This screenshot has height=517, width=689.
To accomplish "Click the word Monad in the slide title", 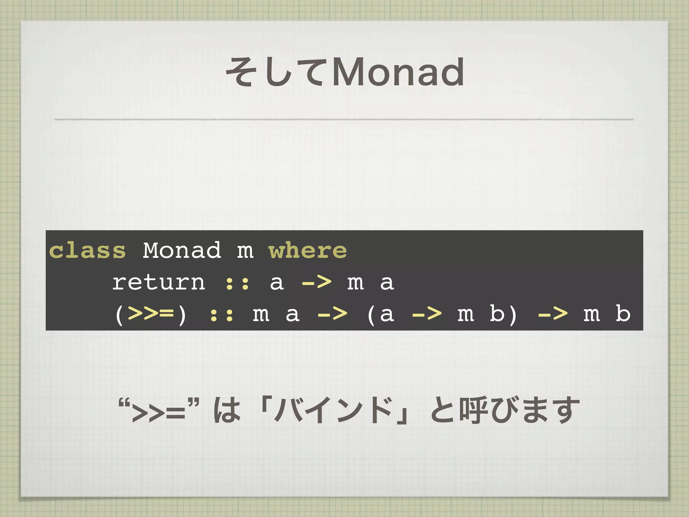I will (399, 72).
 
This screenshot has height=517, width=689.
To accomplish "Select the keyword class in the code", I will (87, 250).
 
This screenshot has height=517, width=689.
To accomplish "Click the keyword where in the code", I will (308, 250).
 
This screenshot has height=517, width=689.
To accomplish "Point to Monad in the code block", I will (182, 250).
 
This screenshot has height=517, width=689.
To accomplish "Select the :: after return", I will (238, 283).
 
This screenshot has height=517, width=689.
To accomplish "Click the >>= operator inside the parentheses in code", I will (151, 314).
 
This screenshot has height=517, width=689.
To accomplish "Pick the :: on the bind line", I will (222, 314).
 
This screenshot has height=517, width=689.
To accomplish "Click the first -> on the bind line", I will (332, 314).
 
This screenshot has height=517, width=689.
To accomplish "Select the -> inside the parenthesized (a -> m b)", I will (427, 314).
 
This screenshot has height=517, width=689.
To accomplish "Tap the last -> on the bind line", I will (553, 314).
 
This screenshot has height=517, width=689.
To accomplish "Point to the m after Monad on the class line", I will (245, 251).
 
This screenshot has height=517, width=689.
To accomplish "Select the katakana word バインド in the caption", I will (333, 411).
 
